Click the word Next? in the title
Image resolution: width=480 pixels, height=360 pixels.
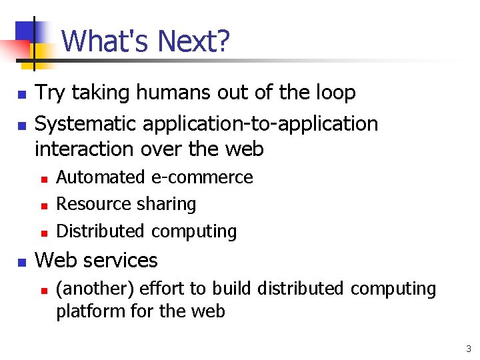click(194, 41)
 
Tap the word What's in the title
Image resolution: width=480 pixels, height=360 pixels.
click(107, 41)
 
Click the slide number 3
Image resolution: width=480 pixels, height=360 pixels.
click(469, 349)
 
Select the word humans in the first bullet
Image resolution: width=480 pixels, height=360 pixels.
click(173, 93)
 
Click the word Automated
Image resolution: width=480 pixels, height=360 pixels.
click(101, 177)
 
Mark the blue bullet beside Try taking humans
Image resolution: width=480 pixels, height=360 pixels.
click(22, 95)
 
